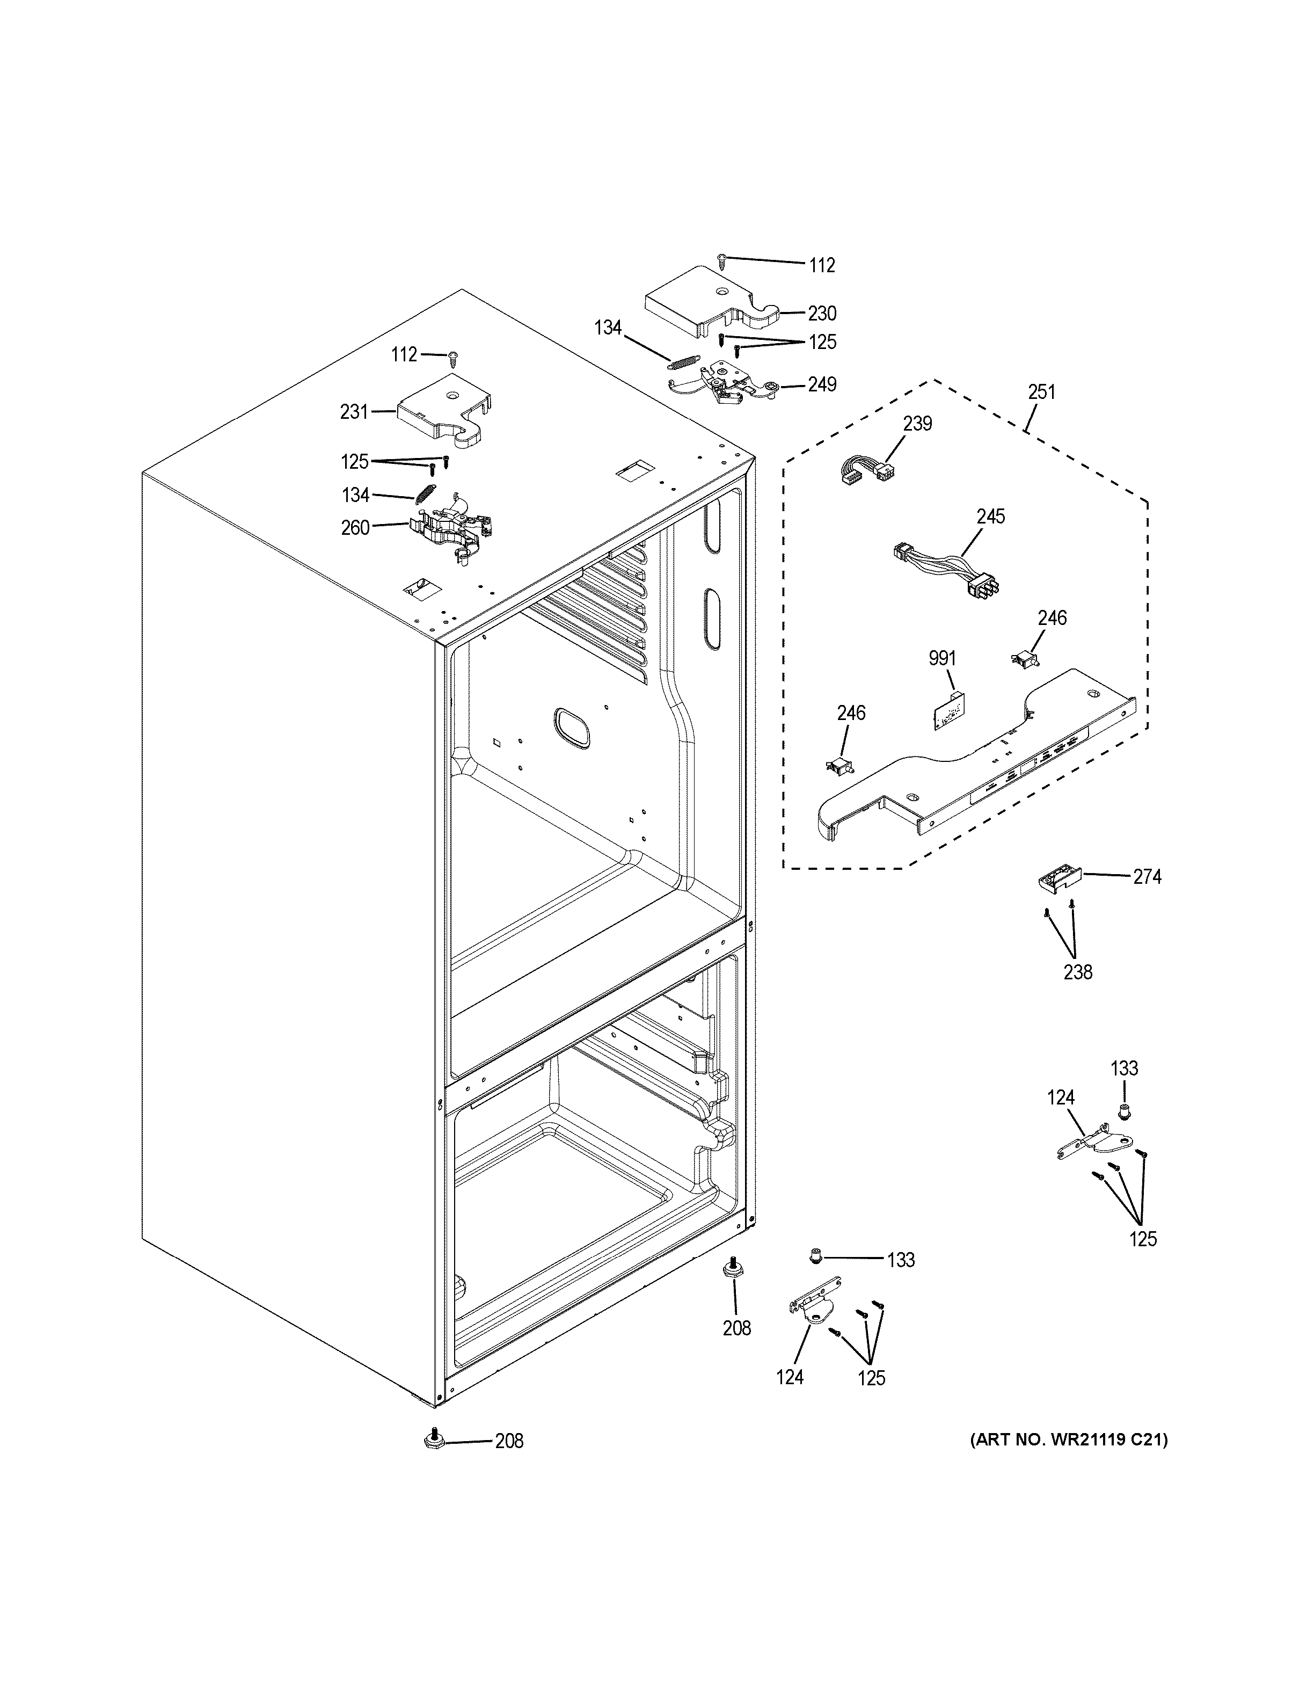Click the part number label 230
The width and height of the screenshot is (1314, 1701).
click(x=821, y=313)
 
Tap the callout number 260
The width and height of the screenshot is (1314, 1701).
click(x=355, y=527)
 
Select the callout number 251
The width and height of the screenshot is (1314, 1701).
click(x=1041, y=392)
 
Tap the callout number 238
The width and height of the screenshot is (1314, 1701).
click(x=1077, y=972)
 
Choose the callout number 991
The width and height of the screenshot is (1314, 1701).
click(x=942, y=658)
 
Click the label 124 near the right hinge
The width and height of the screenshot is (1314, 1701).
click(x=1060, y=1097)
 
